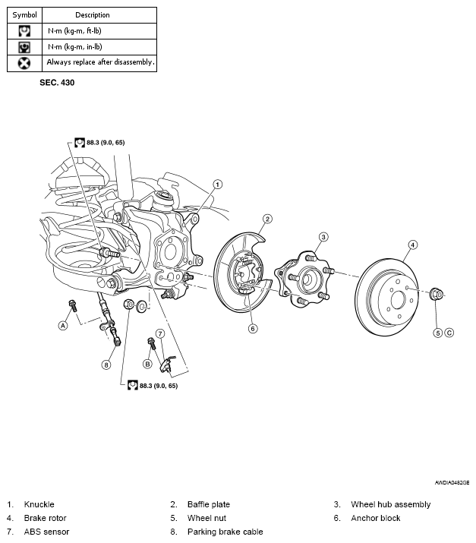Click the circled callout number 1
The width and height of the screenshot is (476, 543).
(217, 185)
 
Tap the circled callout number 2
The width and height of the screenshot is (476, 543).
(267, 219)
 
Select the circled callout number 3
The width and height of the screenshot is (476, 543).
(323, 237)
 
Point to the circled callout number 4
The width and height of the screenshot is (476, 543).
(413, 245)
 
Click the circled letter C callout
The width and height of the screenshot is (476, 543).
(449, 333)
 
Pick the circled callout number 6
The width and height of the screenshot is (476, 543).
(253, 329)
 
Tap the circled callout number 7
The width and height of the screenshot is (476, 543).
(160, 334)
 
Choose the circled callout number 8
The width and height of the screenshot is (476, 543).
(106, 365)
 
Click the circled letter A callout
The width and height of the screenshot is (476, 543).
(63, 326)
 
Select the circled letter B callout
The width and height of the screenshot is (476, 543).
(147, 364)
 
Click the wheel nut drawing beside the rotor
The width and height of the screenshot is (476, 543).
(436, 295)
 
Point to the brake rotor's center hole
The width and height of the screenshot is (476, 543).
(398, 298)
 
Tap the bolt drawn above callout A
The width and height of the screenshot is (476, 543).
(73, 306)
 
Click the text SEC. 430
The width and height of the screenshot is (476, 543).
(57, 83)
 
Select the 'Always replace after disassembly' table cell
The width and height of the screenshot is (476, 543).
(99, 63)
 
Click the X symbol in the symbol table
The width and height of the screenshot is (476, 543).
(24, 63)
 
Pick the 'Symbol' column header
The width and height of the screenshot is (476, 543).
(24, 15)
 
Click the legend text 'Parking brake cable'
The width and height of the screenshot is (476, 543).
(225, 532)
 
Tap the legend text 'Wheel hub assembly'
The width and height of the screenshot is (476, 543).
(390, 504)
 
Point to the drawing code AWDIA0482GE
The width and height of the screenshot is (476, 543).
(452, 483)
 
